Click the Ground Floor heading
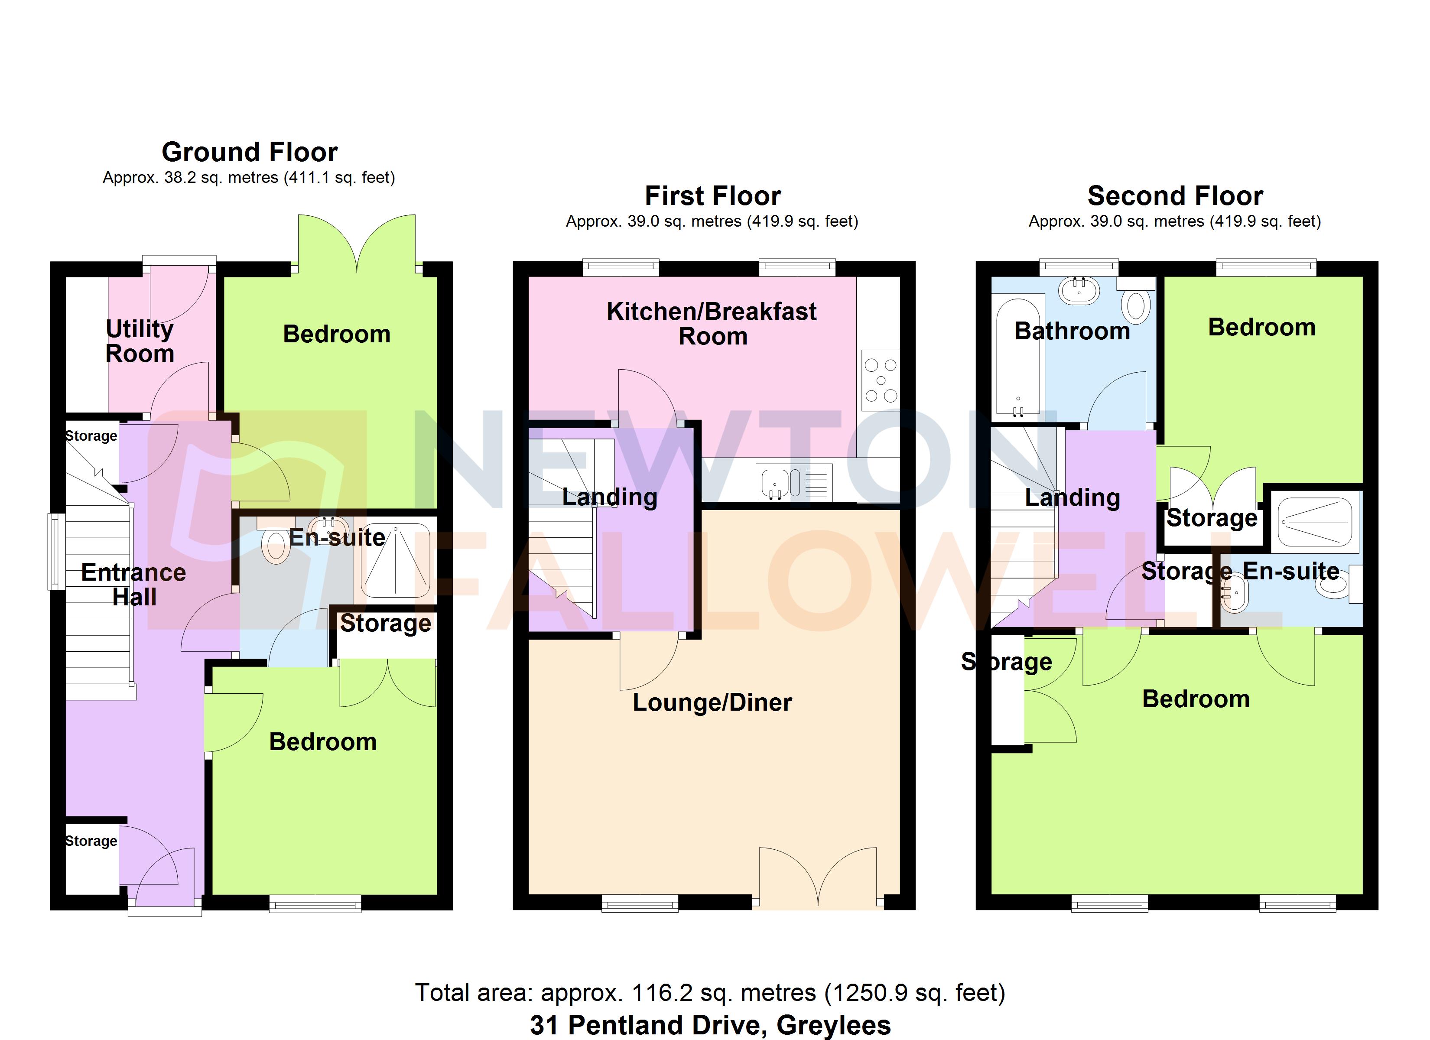(x=250, y=152)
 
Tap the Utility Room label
(x=140, y=341)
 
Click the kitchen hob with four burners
(x=881, y=380)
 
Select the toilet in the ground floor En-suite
(x=276, y=546)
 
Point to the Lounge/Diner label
(x=712, y=702)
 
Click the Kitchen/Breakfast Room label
(x=712, y=324)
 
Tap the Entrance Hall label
(x=133, y=585)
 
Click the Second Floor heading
(x=1175, y=196)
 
